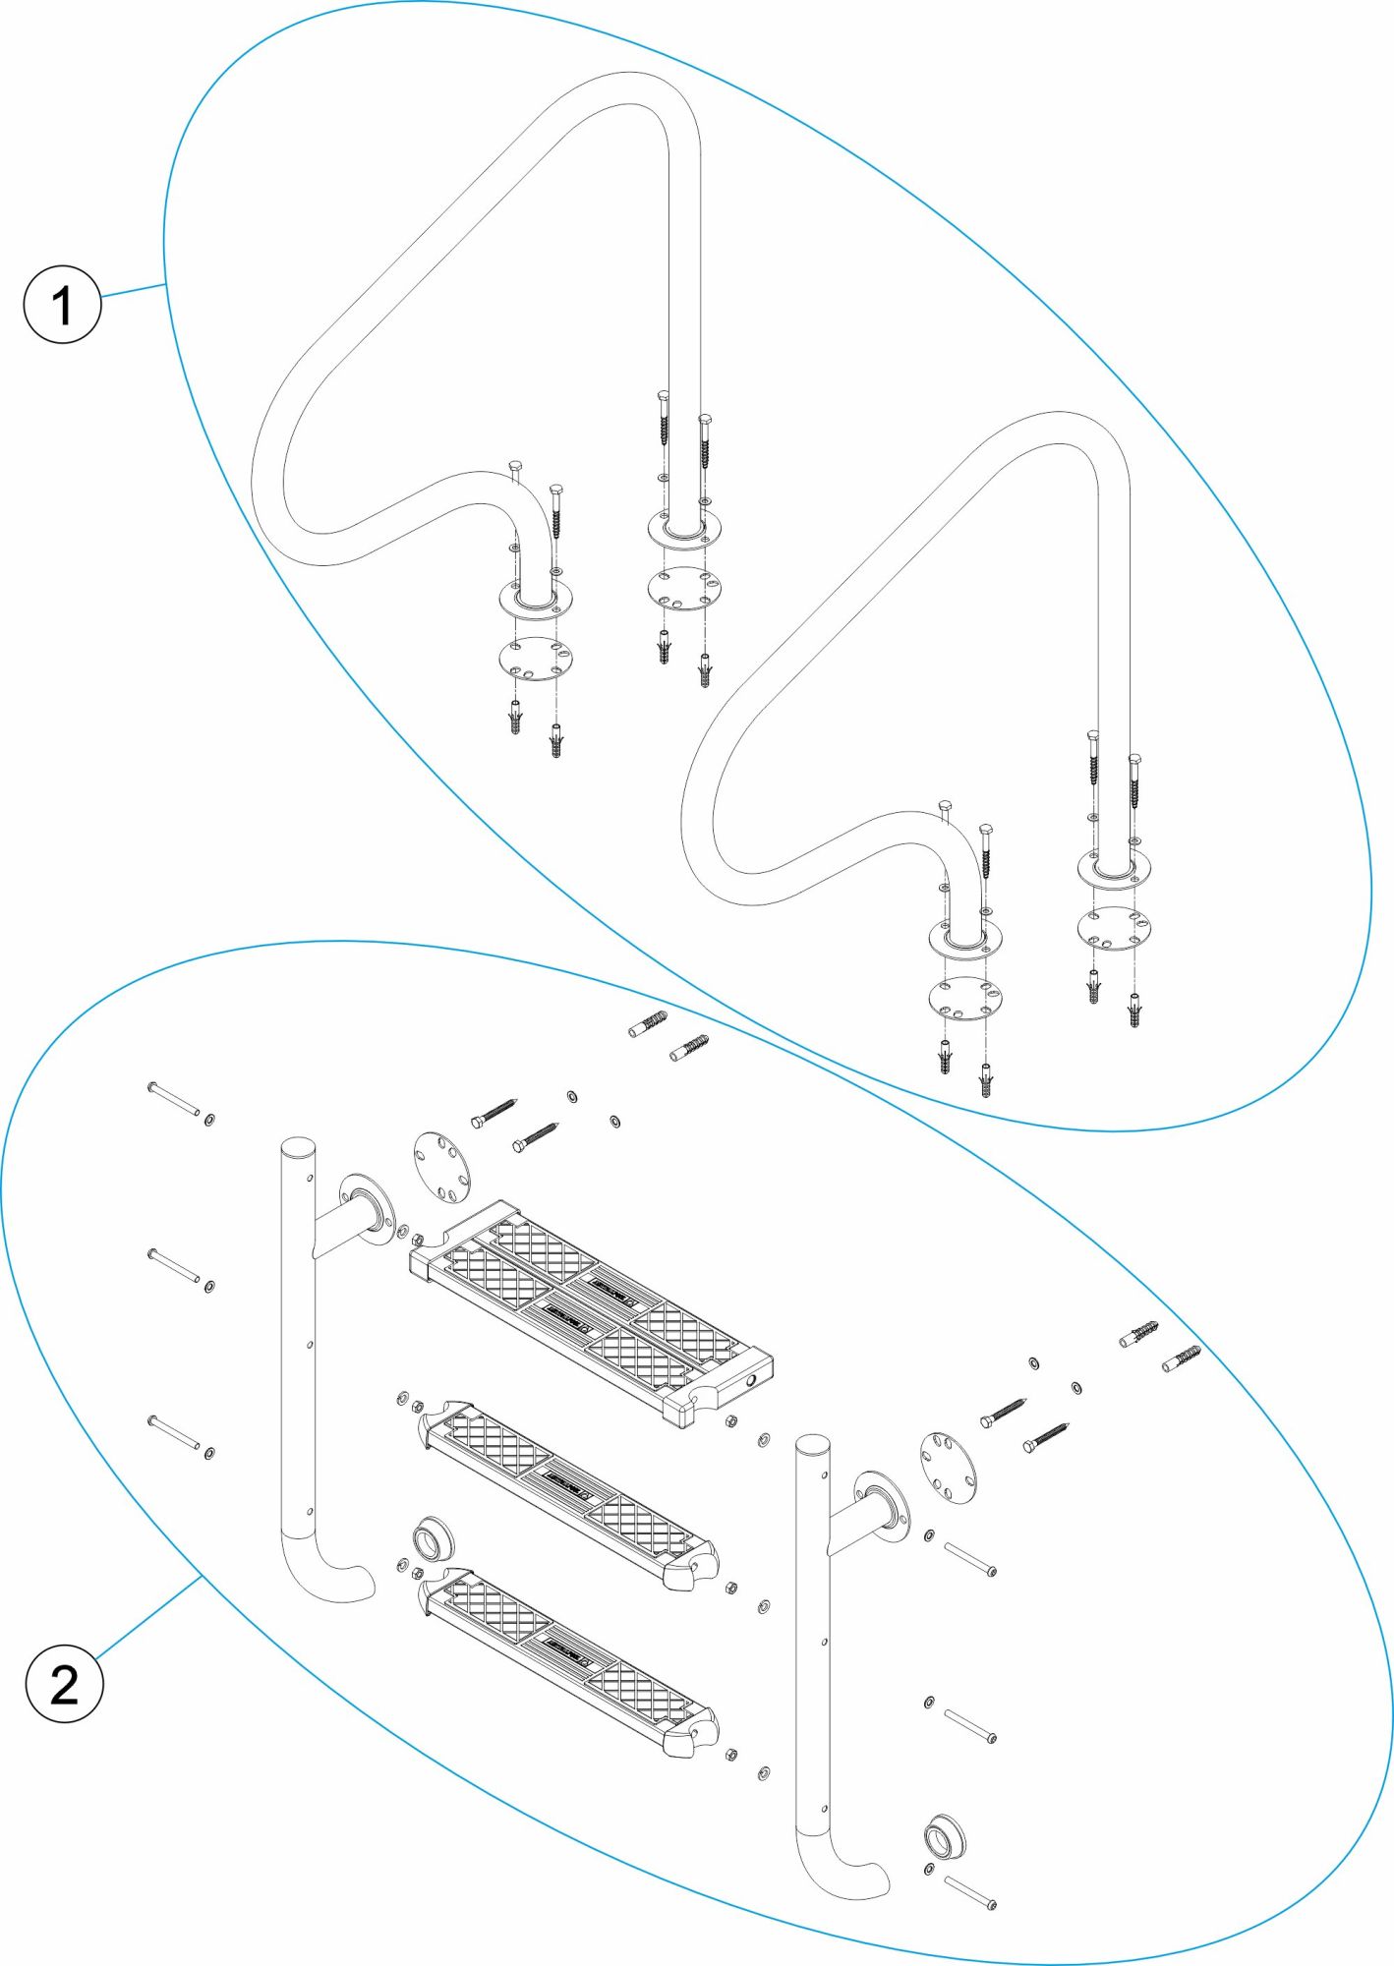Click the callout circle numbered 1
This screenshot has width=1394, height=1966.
click(x=62, y=304)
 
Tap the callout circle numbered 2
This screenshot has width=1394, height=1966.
click(x=64, y=1685)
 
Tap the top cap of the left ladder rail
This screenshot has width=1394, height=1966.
click(x=298, y=1147)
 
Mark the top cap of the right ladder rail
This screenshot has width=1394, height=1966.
click(x=812, y=1445)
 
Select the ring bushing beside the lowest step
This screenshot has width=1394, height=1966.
click(x=433, y=1538)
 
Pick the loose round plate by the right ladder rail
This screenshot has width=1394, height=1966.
click(x=949, y=1468)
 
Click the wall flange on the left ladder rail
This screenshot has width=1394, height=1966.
click(x=364, y=1204)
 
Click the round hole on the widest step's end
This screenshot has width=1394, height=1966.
click(x=751, y=1380)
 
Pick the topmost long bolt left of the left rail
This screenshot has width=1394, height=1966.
click(x=174, y=1098)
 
